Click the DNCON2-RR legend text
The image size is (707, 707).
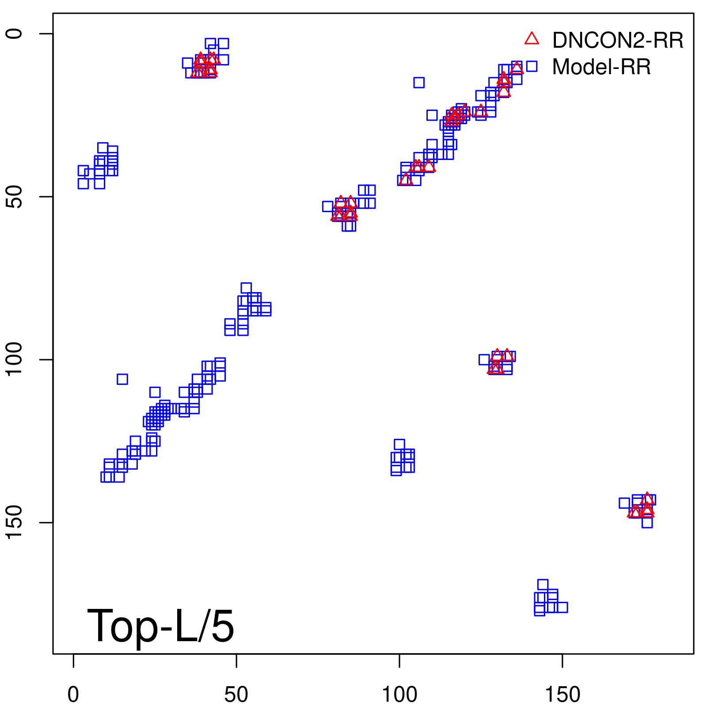pyautogui.click(x=617, y=40)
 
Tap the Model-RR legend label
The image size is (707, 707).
pyautogui.click(x=601, y=67)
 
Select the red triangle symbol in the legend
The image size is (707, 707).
pyautogui.click(x=532, y=39)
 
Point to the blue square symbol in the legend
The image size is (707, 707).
pyautogui.click(x=532, y=66)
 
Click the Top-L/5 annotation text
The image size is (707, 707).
pyautogui.click(x=160, y=626)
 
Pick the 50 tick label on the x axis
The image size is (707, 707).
pyautogui.click(x=236, y=695)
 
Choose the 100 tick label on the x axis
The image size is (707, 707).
pyautogui.click(x=399, y=695)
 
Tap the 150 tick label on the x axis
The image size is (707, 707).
pyautogui.click(x=562, y=695)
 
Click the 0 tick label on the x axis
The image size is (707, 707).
pyautogui.click(x=73, y=695)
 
